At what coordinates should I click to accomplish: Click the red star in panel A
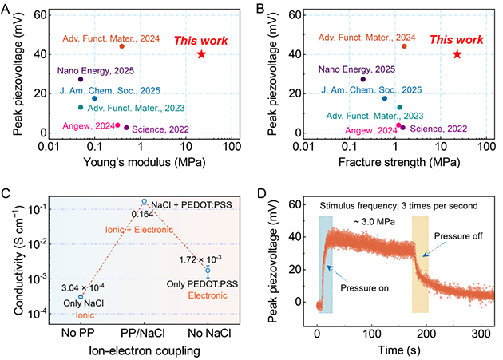(x=200, y=54)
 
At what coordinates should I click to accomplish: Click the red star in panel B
(x=457, y=54)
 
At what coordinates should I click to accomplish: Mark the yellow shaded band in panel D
(x=420, y=263)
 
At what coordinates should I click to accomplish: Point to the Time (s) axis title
(x=398, y=348)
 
